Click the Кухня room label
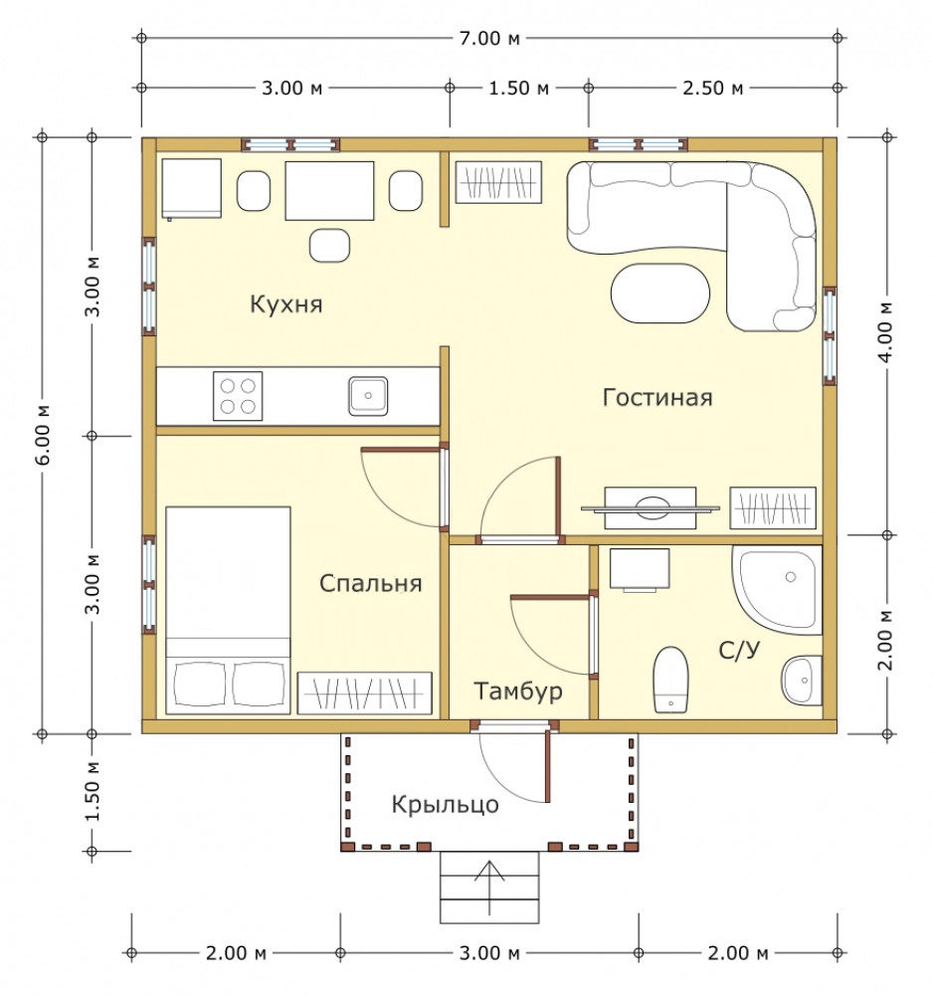point(286,303)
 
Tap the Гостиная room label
point(657,397)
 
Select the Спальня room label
point(370,583)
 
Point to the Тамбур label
point(518,691)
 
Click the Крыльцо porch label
point(445,805)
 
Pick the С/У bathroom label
point(739,650)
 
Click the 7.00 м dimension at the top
point(489,38)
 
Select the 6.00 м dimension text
point(43,435)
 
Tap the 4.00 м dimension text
point(886,332)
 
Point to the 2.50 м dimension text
point(712,88)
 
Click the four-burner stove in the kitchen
point(238,396)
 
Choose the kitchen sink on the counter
point(368,396)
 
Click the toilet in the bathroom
point(671,679)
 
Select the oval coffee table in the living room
point(660,294)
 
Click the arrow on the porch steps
point(489,888)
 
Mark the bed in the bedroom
point(229,611)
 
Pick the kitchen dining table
point(330,190)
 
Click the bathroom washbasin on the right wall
point(803,681)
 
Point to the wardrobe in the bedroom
point(365,694)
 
